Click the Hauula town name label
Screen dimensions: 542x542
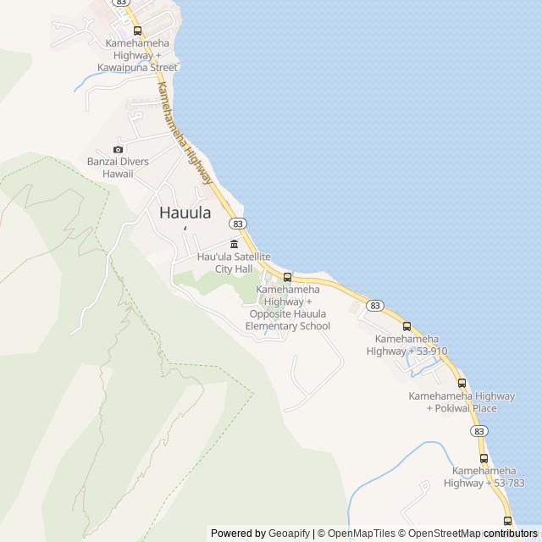[x=185, y=213]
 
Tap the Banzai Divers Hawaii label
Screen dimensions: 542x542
[x=118, y=168]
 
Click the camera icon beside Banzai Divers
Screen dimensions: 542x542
[x=118, y=150]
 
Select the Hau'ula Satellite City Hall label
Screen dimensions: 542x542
[x=234, y=263]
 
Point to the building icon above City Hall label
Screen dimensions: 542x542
[x=234, y=245]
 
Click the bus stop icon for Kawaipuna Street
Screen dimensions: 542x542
[x=137, y=30]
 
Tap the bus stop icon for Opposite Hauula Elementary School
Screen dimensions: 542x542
[x=287, y=277]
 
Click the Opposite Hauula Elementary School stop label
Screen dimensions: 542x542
[x=288, y=307]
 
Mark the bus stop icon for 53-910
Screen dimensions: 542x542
[x=406, y=326]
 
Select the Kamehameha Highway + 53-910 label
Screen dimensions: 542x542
[x=406, y=345]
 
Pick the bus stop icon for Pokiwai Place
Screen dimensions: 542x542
[x=462, y=383]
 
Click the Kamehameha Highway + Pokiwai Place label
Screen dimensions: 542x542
[x=462, y=402]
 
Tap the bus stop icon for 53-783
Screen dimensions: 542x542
[x=484, y=458]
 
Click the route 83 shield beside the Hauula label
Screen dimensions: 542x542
[x=238, y=224]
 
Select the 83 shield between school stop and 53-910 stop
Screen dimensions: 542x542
[x=376, y=305]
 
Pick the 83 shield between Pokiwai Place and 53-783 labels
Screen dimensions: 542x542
[x=480, y=431]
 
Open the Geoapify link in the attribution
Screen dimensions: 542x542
[x=289, y=534]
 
